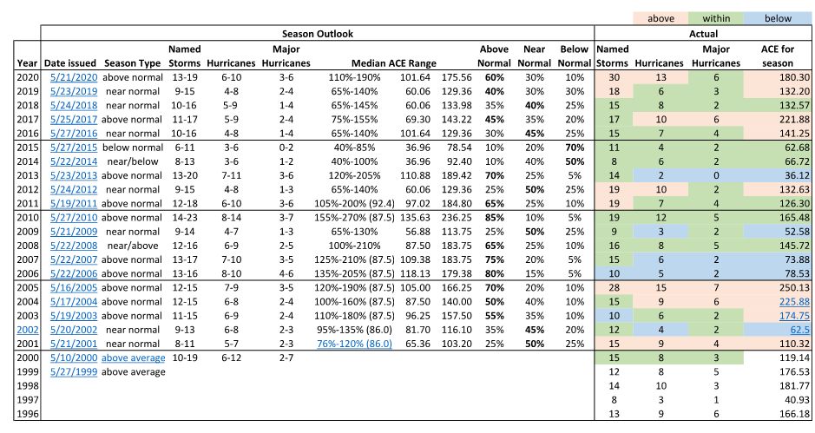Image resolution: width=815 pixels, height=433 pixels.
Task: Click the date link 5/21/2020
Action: click(x=74, y=77)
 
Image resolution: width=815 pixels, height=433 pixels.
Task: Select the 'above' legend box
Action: click(x=661, y=18)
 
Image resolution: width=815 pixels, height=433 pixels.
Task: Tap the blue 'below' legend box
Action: click(x=778, y=18)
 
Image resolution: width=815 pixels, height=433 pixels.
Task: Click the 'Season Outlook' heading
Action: click(x=318, y=34)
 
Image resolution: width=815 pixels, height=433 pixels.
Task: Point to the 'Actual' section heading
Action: click(x=703, y=34)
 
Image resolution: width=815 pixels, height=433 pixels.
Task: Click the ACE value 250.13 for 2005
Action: click(x=794, y=288)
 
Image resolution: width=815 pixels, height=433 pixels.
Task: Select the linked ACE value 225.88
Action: click(x=794, y=302)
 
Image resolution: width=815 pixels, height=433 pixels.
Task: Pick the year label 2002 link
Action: click(x=28, y=330)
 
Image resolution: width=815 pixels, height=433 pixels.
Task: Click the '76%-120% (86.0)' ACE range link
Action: click(x=354, y=344)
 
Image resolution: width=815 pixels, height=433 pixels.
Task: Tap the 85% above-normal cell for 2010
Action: click(x=495, y=218)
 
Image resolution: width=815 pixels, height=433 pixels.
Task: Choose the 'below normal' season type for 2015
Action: click(x=133, y=148)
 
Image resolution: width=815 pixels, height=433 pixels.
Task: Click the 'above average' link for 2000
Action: click(x=133, y=358)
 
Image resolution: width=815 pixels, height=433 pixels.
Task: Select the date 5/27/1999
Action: click(x=74, y=372)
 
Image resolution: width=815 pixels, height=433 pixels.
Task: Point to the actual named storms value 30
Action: click(x=614, y=77)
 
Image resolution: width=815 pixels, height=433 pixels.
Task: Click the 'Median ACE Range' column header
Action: click(x=394, y=63)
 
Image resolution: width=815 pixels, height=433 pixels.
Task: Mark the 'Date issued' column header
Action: click(x=70, y=63)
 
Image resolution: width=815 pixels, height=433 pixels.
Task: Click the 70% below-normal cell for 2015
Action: click(x=575, y=148)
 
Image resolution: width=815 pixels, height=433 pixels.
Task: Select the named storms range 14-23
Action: click(x=185, y=218)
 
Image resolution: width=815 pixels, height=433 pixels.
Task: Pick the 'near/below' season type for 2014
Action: click(x=133, y=161)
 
